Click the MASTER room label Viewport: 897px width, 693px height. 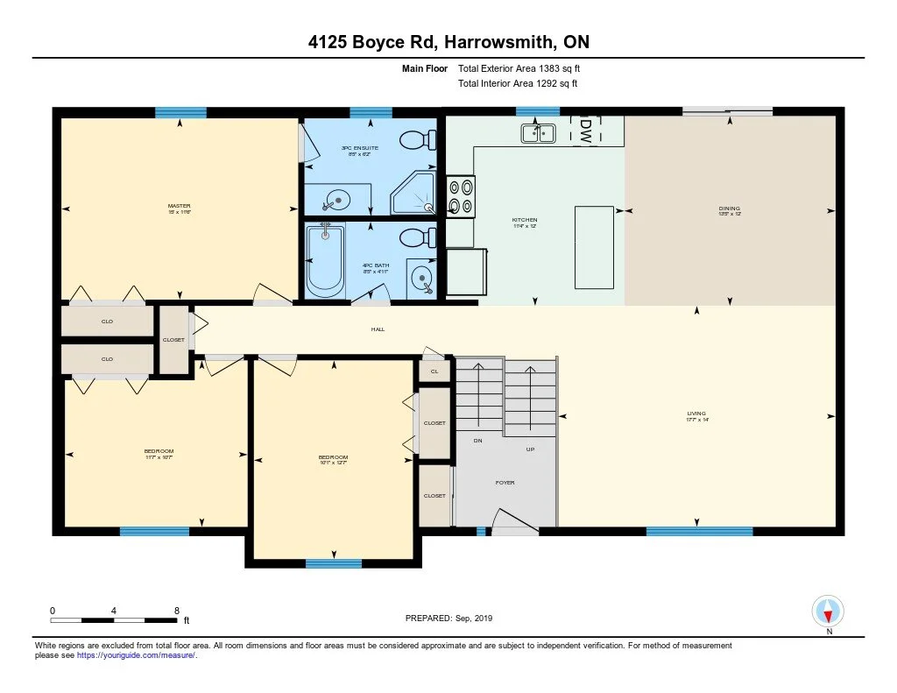tap(179, 207)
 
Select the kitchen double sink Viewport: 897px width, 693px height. tap(539, 133)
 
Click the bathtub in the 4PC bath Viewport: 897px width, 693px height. tap(326, 260)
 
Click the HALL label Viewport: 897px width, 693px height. tap(378, 329)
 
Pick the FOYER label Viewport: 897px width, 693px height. tap(505, 483)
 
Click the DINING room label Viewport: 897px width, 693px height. tap(729, 209)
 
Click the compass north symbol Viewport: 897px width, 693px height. tap(828, 612)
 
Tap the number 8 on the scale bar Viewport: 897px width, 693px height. tap(177, 610)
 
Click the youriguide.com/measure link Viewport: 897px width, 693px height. tap(135, 655)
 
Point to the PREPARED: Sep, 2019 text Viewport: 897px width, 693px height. tap(448, 619)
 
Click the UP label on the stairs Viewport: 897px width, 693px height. tap(530, 449)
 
